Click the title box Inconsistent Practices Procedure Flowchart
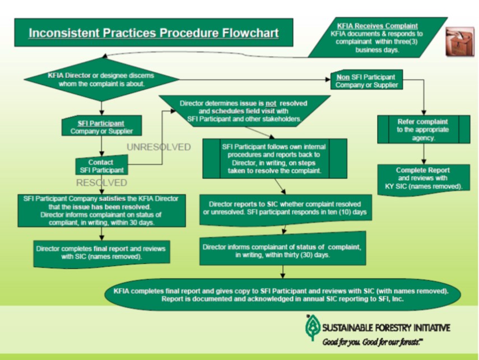pyautogui.click(x=153, y=33)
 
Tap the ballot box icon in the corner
pyautogui.click(x=459, y=41)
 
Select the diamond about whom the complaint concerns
pyautogui.click(x=101, y=79)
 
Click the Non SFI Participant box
pyautogui.click(x=366, y=81)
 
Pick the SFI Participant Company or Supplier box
pyautogui.click(x=101, y=127)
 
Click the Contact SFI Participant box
pyautogui.click(x=101, y=166)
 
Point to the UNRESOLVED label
pyautogui.click(x=159, y=147)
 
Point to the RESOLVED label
pyautogui.click(x=101, y=182)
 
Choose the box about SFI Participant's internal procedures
pyautogui.click(x=274, y=158)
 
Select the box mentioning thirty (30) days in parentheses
pyautogui.click(x=282, y=251)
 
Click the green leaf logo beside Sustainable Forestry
pyautogui.click(x=311, y=327)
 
